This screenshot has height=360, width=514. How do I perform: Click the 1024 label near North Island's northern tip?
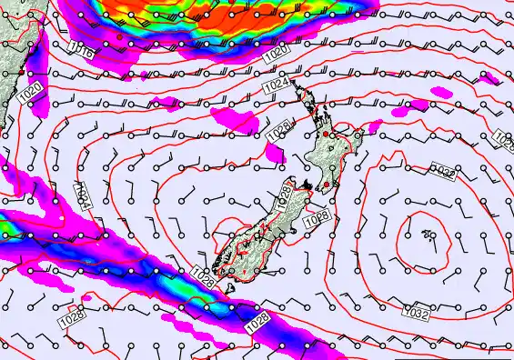tap(277, 85)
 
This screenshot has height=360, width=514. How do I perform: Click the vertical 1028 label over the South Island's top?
tap(285, 199)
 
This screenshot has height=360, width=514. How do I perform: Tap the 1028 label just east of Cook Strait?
tap(316, 218)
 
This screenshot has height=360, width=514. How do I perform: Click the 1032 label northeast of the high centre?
tap(443, 171)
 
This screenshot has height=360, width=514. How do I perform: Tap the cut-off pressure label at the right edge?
tap(504, 138)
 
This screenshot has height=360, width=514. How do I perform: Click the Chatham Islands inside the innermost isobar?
tap(428, 236)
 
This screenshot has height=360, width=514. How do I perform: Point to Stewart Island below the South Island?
tap(227, 289)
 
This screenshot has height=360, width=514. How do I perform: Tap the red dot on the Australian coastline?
tap(120, 37)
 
